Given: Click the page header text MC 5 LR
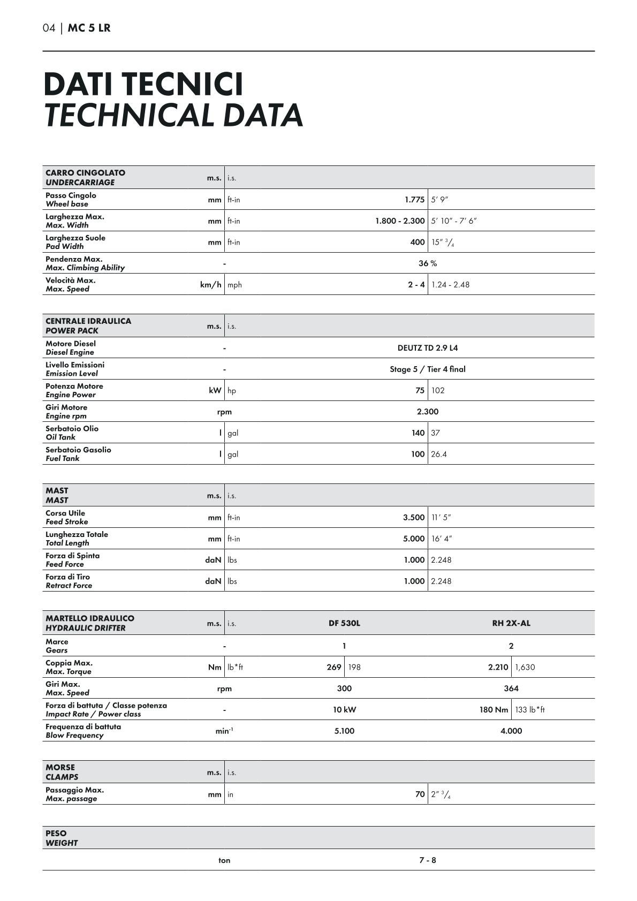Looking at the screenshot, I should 89,28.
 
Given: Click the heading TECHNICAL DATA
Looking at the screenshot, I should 173,115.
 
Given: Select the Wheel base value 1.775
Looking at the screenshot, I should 414,200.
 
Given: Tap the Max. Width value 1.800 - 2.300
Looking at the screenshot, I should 400,221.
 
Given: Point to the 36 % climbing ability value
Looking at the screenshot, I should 427,263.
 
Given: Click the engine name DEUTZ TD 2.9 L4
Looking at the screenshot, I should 427,348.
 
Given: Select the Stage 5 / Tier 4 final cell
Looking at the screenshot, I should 427,369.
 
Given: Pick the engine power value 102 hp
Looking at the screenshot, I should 438,390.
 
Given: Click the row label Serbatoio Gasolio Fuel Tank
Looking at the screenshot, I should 78,454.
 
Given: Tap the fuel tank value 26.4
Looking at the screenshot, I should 439,454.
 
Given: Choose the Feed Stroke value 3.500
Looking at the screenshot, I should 414,518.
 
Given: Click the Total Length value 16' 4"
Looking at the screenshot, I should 442,539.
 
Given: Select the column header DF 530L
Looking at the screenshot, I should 344,623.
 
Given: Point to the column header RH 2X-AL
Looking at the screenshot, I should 511,623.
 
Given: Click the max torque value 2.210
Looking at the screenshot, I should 498,667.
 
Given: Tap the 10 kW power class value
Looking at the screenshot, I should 344,710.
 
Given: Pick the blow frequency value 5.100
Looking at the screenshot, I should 344,731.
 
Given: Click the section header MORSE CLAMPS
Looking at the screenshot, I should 62,772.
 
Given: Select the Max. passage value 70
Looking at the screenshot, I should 420,794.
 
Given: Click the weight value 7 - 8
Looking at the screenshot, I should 427,860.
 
